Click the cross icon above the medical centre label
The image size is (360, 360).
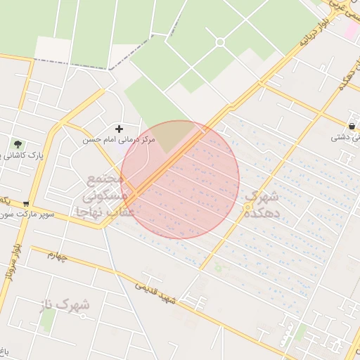118,129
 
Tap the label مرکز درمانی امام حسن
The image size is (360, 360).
118,140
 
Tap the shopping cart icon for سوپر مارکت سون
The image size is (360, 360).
26,204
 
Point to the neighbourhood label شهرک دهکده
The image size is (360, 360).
262,205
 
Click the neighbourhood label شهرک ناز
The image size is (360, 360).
63,304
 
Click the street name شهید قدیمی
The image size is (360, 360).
155,293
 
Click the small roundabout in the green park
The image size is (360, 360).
220,42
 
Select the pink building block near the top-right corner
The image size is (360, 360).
350,30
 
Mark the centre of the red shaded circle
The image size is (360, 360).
180,180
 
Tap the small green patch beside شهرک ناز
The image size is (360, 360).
48,320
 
